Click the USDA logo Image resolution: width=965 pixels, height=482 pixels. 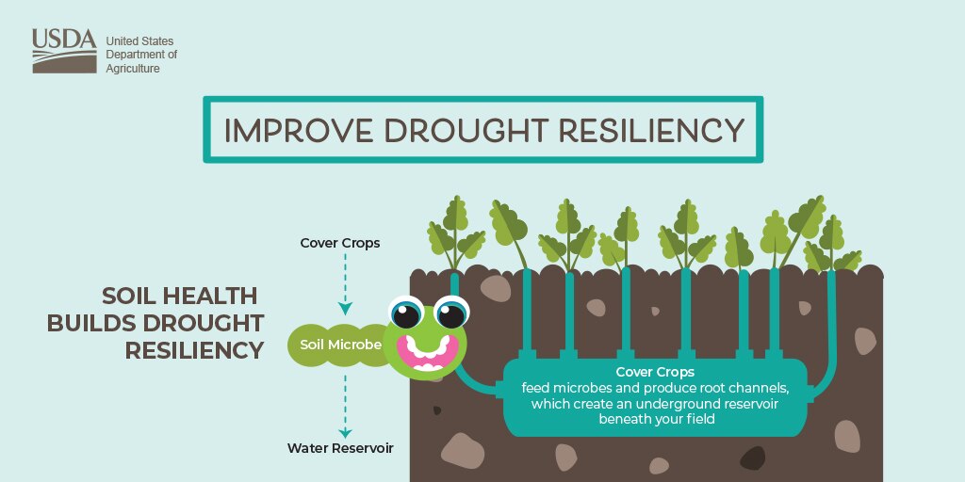click(x=65, y=51)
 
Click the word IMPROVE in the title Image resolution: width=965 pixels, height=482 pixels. click(x=298, y=130)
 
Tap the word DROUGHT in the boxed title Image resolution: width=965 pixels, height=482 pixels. click(x=467, y=130)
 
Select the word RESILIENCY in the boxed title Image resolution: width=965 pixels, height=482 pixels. click(x=652, y=130)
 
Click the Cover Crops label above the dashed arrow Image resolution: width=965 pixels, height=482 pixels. click(x=340, y=243)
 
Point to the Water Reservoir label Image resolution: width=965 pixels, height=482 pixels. click(x=340, y=448)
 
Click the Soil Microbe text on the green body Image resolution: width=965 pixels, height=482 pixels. click(x=341, y=345)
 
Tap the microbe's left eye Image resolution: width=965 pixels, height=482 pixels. click(x=406, y=313)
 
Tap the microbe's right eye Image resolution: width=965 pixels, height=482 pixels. click(x=451, y=313)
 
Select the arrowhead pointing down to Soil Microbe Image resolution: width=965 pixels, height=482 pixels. click(x=345, y=309)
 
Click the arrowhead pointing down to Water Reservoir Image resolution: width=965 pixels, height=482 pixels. click(x=345, y=433)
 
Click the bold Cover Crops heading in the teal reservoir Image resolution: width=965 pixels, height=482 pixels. click(x=655, y=372)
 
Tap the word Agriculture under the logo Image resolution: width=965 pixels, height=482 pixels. click(x=133, y=68)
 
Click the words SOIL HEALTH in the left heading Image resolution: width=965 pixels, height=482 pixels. click(x=179, y=297)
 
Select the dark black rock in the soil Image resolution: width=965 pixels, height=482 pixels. click(x=752, y=458)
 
